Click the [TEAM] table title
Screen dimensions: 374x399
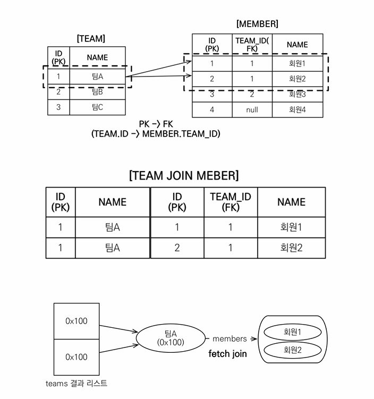click(91, 39)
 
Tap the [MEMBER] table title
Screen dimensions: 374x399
click(257, 24)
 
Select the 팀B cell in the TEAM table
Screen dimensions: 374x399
click(97, 92)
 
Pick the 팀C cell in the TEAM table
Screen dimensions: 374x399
click(97, 107)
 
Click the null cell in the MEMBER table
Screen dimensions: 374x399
click(252, 109)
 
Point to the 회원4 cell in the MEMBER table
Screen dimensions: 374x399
click(297, 109)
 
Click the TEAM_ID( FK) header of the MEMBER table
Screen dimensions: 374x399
click(252, 45)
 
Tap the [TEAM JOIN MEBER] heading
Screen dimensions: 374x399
click(184, 175)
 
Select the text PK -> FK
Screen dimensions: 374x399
click(156, 124)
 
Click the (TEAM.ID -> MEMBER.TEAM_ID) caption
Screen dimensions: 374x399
click(156, 134)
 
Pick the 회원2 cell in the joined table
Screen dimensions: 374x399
click(291, 248)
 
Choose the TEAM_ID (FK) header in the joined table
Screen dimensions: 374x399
click(231, 202)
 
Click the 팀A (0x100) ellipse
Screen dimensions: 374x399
click(171, 338)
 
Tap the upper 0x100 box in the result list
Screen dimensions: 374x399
click(76, 321)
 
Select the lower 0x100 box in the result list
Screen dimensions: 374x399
click(76, 357)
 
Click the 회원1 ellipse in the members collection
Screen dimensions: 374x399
click(293, 332)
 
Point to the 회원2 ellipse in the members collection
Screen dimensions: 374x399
click(293, 350)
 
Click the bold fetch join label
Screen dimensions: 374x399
click(227, 354)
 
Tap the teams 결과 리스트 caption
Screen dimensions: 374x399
click(76, 384)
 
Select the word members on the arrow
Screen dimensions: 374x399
click(229, 338)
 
